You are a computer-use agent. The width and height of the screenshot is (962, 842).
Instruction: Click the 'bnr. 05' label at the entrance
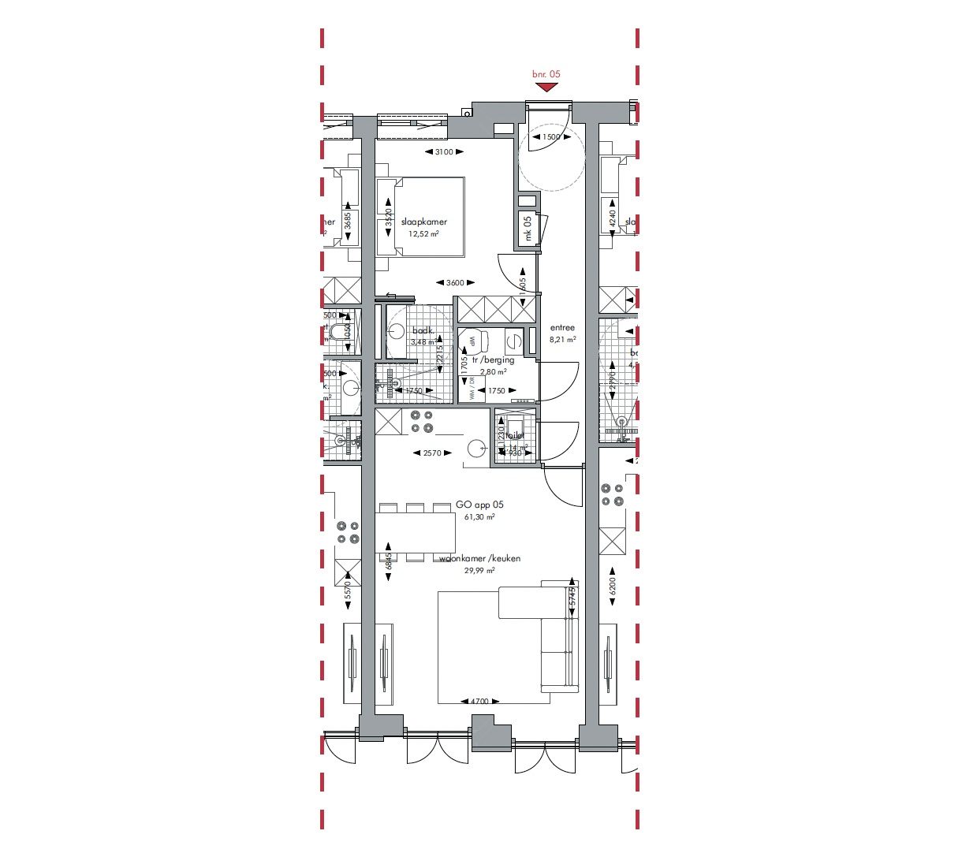pos(546,74)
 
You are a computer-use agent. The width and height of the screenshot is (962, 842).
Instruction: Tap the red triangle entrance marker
pos(546,88)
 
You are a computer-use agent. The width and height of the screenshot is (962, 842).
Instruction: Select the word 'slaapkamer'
pos(423,222)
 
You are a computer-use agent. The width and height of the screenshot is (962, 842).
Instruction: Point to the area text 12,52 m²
pos(423,234)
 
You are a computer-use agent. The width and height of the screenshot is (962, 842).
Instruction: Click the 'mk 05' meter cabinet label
pos(528,229)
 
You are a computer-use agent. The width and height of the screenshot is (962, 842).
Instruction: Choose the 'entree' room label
pos(562,328)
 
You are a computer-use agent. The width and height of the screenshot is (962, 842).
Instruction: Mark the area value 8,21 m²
pos(562,340)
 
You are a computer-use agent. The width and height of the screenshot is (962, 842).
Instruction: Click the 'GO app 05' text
pos(479,505)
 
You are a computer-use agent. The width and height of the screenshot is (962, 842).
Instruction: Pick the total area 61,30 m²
pos(479,517)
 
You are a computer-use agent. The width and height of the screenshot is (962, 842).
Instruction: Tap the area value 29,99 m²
pos(479,571)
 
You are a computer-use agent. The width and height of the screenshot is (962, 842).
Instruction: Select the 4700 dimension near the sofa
pos(479,701)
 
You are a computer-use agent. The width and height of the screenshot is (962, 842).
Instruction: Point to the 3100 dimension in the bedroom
pos(444,152)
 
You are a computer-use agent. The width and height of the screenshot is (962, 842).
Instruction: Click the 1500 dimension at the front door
pos(551,137)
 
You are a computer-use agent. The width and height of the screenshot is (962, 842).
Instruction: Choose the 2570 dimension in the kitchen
pos(433,453)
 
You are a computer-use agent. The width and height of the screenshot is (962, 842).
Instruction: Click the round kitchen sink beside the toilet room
pos(477,449)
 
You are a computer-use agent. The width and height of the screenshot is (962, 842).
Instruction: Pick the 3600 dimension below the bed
pos(455,282)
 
